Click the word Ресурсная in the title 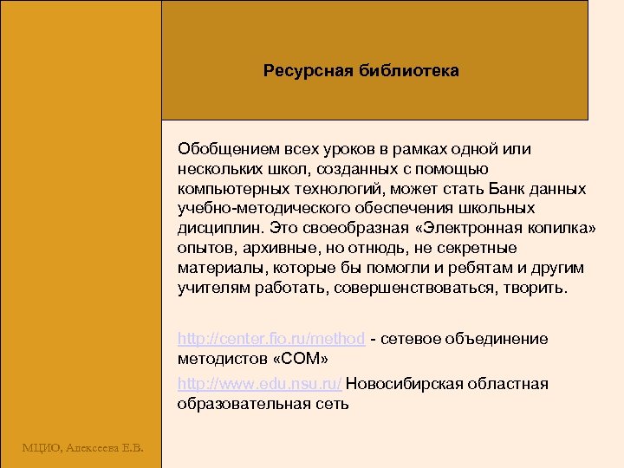(302, 70)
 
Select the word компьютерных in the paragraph (224, 189)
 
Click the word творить (535, 289)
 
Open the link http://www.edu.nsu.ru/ (259, 384)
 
